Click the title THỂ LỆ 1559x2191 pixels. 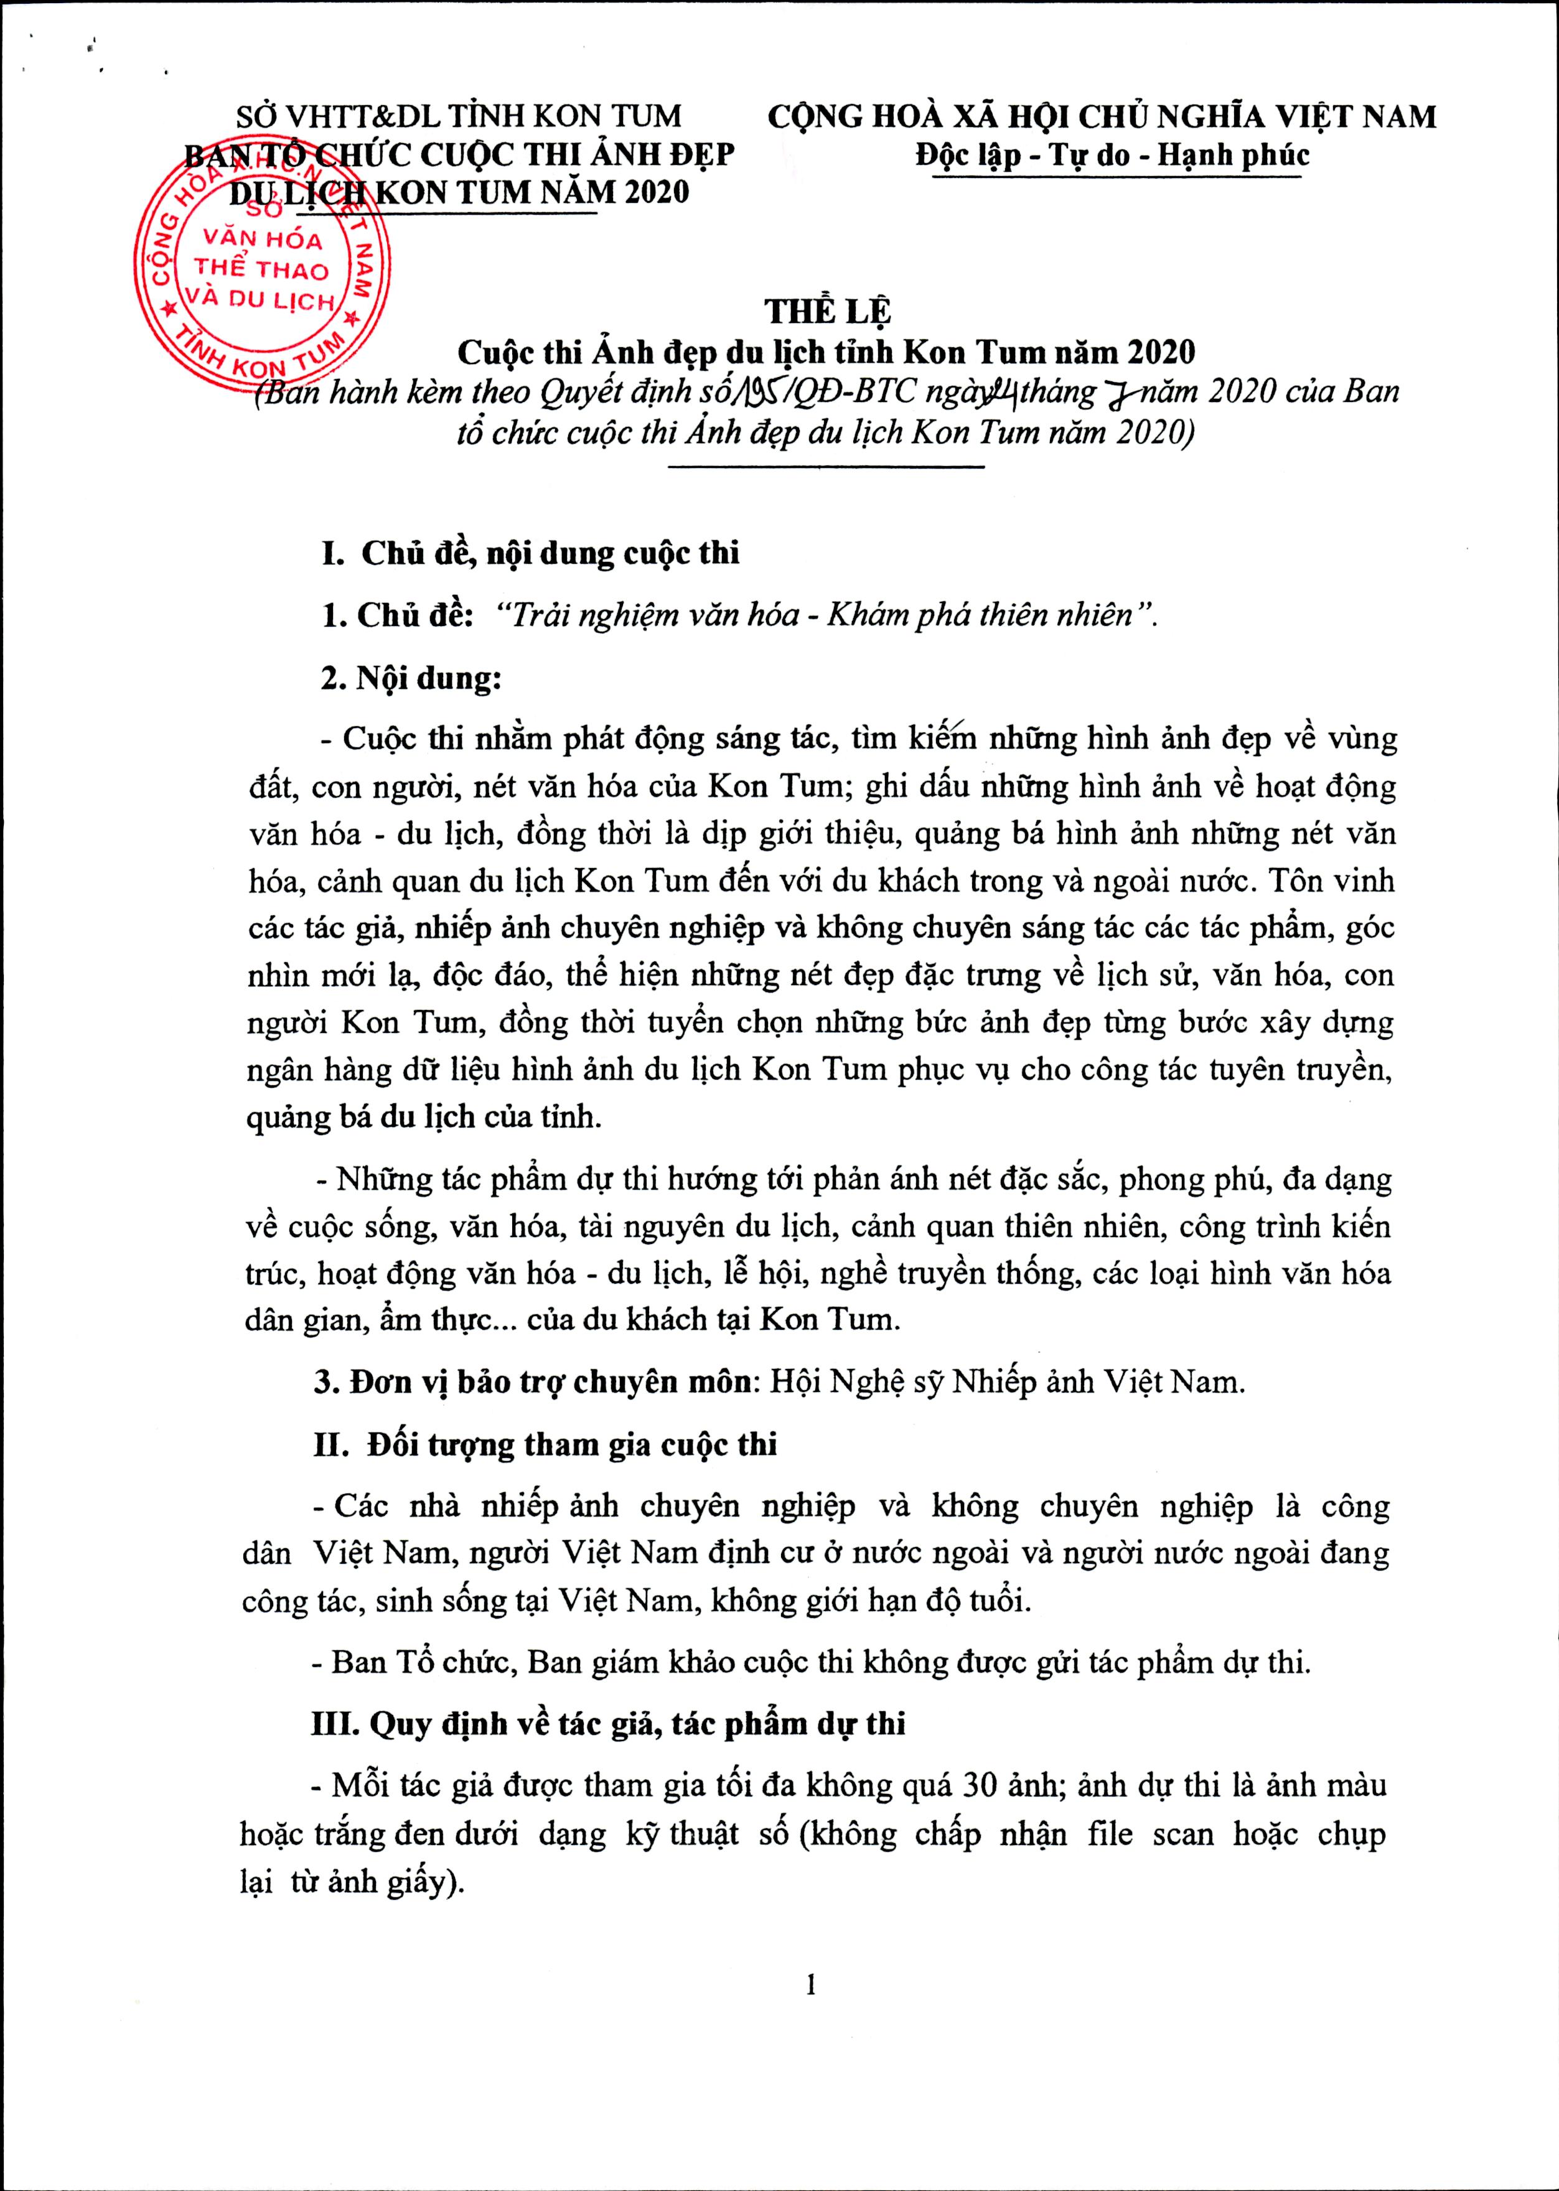pyautogui.click(x=828, y=312)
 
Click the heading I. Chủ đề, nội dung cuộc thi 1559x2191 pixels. pyautogui.click(x=531, y=554)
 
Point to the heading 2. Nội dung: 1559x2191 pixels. pyautogui.click(x=412, y=678)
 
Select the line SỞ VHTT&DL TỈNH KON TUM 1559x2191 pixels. pyautogui.click(x=459, y=117)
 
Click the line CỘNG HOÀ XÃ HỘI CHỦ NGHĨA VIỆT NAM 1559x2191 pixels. pyautogui.click(x=1102, y=117)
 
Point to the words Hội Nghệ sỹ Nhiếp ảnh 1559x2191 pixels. pyautogui.click(x=937, y=1383)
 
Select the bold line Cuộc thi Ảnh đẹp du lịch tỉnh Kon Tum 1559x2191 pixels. pyautogui.click(x=826, y=352)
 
